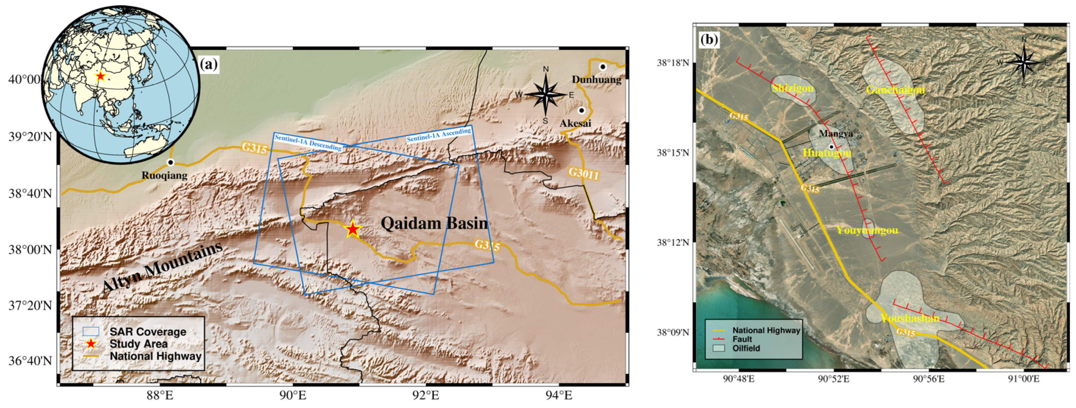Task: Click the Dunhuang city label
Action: coord(596,79)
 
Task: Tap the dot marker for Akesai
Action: coord(581,111)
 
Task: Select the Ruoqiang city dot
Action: coord(170,162)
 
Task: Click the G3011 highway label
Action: coord(583,173)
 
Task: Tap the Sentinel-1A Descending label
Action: coord(308,142)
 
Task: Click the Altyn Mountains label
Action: coord(162,267)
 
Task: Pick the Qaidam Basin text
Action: coord(434,224)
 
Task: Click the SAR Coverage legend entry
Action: coord(148,332)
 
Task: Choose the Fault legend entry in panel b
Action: coord(742,339)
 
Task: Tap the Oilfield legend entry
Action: coord(746,348)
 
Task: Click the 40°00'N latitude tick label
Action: coord(25,79)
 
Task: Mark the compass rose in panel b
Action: coord(1023,63)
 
